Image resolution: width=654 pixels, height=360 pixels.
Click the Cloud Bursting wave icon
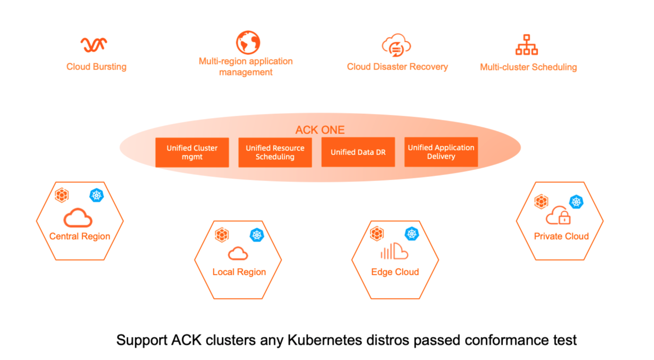(x=94, y=44)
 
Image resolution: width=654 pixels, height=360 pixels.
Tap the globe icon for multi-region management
(x=248, y=42)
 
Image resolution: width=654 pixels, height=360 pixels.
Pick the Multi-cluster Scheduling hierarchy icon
(x=527, y=45)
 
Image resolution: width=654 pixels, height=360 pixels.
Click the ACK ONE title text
(x=320, y=130)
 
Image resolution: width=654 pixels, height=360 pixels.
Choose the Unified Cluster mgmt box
(x=192, y=153)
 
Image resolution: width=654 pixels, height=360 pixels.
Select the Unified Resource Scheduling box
(x=275, y=153)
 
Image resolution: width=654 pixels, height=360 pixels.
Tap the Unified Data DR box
(x=358, y=152)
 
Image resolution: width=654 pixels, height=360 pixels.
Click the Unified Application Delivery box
(x=441, y=152)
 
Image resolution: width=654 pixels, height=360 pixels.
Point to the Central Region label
(x=80, y=236)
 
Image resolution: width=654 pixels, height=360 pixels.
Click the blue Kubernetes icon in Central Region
(x=96, y=195)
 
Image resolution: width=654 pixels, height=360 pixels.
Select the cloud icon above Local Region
(x=238, y=253)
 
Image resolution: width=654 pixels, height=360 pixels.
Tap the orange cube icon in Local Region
(x=222, y=235)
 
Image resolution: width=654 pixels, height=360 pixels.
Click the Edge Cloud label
(x=395, y=272)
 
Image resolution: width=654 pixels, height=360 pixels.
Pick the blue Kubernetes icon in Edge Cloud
(x=412, y=234)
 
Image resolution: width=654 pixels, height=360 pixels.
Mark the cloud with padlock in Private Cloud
(x=559, y=215)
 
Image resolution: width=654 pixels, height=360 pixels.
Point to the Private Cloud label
(x=561, y=236)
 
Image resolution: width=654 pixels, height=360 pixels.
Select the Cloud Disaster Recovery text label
(x=397, y=67)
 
